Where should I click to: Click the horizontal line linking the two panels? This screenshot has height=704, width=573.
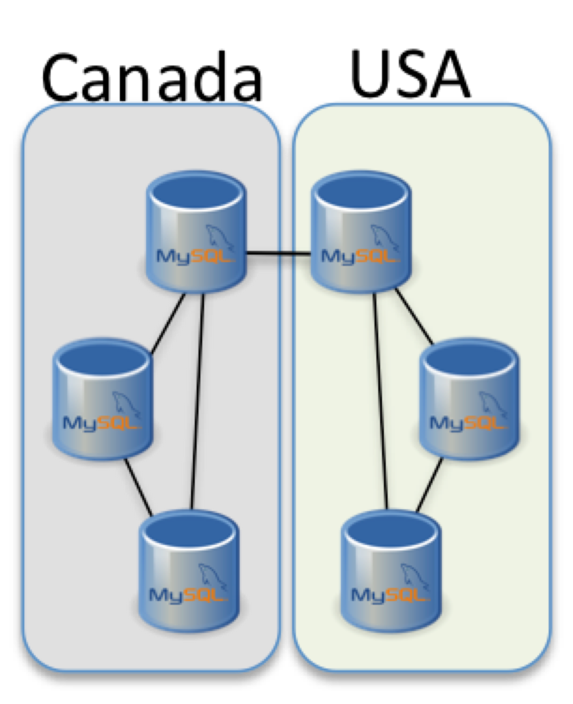[279, 254]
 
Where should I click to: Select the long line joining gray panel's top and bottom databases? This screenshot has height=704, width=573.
[197, 403]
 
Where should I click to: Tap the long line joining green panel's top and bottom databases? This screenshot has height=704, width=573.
[380, 403]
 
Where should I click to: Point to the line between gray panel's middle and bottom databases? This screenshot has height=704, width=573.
[138, 487]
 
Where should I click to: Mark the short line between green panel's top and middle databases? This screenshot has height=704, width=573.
[414, 316]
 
